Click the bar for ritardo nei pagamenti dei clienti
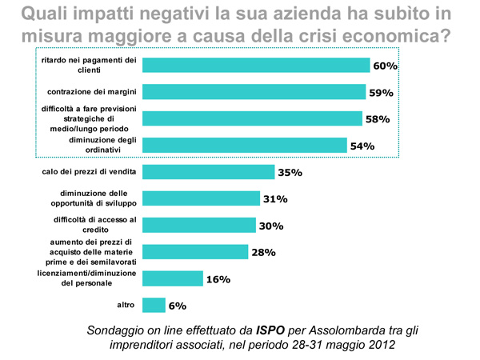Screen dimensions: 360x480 tap(256, 65)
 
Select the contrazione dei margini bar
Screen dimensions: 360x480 tap(254, 92)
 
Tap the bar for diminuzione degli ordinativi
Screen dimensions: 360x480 tap(245, 145)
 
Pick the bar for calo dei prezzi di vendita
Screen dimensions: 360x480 tap(206, 171)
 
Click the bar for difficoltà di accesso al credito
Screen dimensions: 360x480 tap(199, 225)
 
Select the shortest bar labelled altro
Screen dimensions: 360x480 tap(154, 305)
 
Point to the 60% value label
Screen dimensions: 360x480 tap(386, 66)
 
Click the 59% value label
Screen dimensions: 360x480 tap(382, 93)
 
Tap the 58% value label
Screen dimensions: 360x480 tap(378, 119)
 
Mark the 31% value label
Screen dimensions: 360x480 tap(275, 199)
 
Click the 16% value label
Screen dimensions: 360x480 tap(218, 279)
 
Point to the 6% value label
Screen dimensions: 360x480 tap(177, 306)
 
